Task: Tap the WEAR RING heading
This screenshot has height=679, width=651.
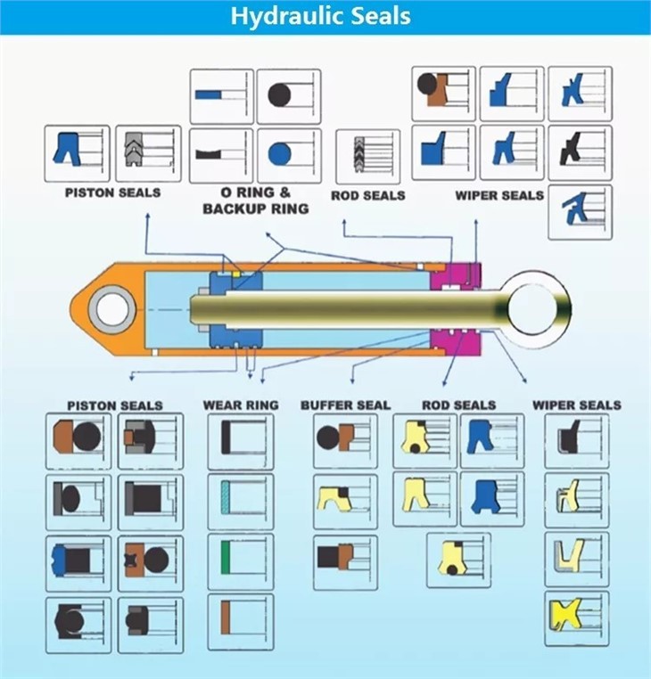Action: (x=240, y=405)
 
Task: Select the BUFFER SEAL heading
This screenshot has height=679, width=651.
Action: (x=345, y=405)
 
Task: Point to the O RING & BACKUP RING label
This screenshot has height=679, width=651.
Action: (x=255, y=200)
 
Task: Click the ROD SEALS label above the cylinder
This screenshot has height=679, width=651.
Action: (x=367, y=195)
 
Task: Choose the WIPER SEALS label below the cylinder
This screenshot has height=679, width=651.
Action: (x=576, y=405)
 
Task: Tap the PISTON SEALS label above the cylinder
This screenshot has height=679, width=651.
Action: (x=112, y=192)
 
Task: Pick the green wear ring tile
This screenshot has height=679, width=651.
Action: (x=240, y=561)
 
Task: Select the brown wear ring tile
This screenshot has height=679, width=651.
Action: (x=240, y=621)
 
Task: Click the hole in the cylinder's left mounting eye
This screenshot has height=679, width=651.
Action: (x=111, y=310)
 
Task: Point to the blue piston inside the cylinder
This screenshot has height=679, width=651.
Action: (x=235, y=310)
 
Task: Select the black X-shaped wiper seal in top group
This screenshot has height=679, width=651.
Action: (x=580, y=152)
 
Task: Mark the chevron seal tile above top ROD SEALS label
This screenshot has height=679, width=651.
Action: (x=367, y=156)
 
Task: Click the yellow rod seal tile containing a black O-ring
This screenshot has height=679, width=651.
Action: (x=457, y=560)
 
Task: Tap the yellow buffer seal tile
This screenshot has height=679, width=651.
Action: (x=344, y=500)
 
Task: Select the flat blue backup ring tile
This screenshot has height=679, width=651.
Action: (x=221, y=96)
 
